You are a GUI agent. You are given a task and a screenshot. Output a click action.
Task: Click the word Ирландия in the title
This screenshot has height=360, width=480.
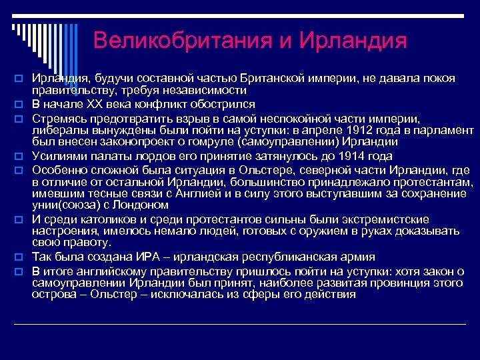click(353, 41)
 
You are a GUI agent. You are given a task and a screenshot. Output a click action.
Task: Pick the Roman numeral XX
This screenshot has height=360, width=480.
click(89, 105)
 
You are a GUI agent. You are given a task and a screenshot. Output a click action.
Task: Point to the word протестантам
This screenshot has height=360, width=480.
click(431, 181)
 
